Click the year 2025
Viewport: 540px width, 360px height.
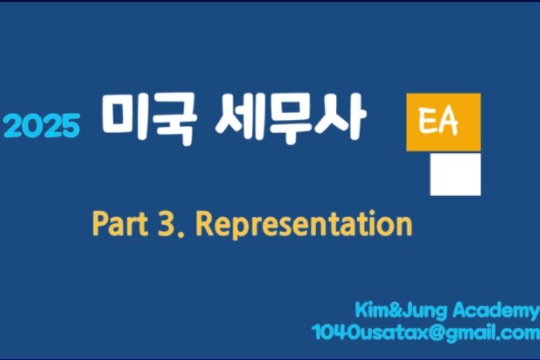(42, 126)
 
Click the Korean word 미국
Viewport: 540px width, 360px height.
(149, 119)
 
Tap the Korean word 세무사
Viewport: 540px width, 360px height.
(291, 118)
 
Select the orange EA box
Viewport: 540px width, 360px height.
(443, 122)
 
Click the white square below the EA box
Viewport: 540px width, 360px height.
(455, 174)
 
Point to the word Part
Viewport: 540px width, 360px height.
(120, 224)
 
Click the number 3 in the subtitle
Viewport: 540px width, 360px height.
(166, 224)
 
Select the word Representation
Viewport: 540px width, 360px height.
(304, 225)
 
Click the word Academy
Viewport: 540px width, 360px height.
(496, 311)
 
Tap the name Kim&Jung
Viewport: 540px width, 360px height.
(401, 311)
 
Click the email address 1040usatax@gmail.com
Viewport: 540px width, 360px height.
(426, 333)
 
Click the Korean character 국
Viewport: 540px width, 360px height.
(176, 119)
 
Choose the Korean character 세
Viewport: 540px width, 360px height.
(240, 117)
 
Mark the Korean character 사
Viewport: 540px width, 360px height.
(341, 116)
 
